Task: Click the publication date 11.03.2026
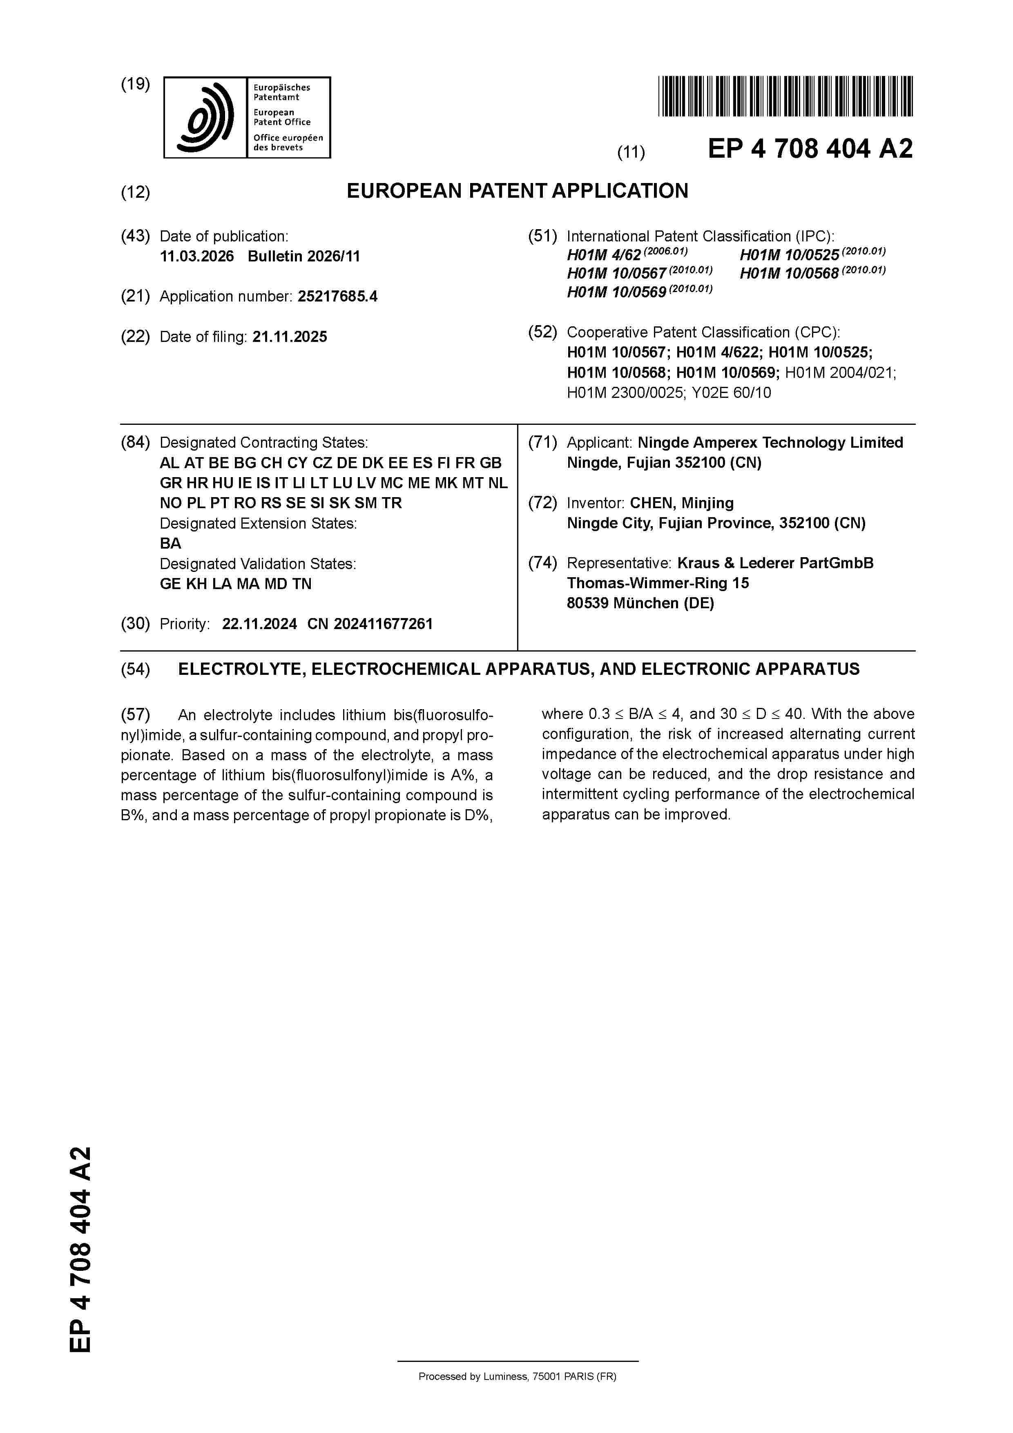click(x=196, y=257)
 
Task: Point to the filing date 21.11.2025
click(x=290, y=337)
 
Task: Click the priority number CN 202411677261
click(x=370, y=624)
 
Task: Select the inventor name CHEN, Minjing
click(x=682, y=503)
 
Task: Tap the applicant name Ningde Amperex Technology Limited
click(x=770, y=442)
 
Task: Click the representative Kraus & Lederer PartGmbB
click(x=775, y=563)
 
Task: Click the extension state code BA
click(x=170, y=544)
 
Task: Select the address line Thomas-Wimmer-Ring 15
click(x=657, y=583)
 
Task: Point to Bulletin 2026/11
click(x=303, y=257)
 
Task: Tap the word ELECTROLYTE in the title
click(x=240, y=670)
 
